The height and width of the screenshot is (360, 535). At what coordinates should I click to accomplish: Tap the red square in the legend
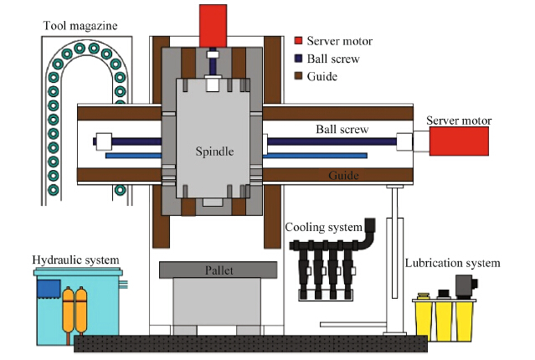pyautogui.click(x=298, y=41)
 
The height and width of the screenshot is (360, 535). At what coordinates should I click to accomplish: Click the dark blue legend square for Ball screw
pyautogui.click(x=298, y=59)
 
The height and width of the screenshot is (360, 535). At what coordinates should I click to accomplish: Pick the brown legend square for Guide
pyautogui.click(x=298, y=75)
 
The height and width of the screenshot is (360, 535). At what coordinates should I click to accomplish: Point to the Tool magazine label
pyautogui.click(x=80, y=25)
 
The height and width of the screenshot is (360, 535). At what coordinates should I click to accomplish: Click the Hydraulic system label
pyautogui.click(x=76, y=260)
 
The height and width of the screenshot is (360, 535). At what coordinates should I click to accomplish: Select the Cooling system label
pyautogui.click(x=323, y=227)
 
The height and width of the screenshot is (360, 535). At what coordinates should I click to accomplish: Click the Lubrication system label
pyautogui.click(x=452, y=263)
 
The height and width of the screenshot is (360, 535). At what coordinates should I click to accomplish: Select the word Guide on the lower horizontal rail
pyautogui.click(x=344, y=176)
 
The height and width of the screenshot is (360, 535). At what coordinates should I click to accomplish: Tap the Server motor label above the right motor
pyautogui.click(x=459, y=121)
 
